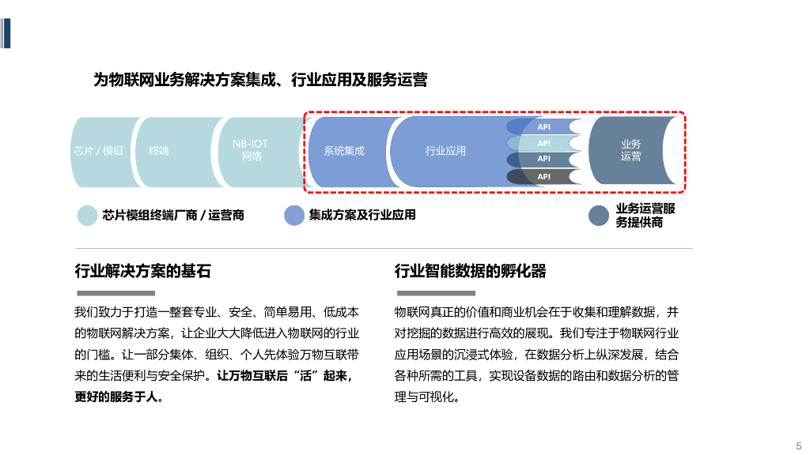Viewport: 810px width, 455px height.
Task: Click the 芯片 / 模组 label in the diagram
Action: click(98, 151)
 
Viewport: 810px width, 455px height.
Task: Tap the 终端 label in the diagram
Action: click(159, 151)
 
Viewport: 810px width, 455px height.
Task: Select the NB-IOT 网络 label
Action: click(250, 150)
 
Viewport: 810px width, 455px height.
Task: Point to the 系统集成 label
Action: click(344, 151)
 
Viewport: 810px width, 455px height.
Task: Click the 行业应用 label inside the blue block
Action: click(445, 151)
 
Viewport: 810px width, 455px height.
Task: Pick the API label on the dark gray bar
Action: click(544, 176)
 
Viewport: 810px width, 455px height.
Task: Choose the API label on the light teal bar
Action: click(544, 143)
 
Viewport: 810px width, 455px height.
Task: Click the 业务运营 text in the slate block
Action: click(630, 150)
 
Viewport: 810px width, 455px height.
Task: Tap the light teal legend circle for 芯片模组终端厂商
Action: click(87, 216)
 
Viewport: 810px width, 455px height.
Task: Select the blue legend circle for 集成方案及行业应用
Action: click(294, 216)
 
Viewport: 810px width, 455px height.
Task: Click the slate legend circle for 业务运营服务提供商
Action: click(599, 216)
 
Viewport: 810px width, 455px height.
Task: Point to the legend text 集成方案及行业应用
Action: click(362, 215)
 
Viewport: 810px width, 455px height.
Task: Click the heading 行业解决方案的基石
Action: click(142, 272)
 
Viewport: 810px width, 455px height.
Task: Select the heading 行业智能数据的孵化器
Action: click(471, 272)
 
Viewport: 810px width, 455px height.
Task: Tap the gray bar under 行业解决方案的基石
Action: click(115, 293)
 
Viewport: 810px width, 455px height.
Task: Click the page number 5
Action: click(798, 445)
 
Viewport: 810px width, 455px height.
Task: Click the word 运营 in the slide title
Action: click(414, 80)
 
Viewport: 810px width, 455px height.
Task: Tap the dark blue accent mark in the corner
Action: click(6, 32)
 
